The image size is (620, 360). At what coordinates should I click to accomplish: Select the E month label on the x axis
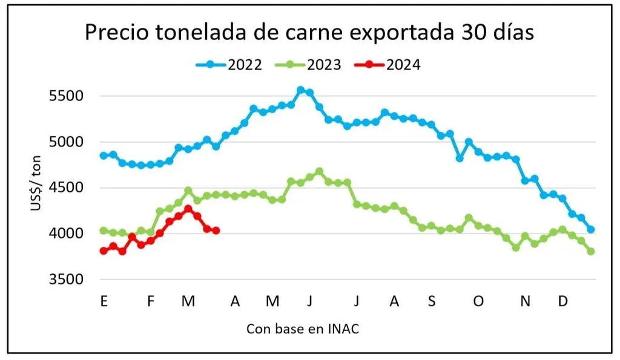104,301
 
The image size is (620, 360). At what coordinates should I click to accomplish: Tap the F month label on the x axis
151,301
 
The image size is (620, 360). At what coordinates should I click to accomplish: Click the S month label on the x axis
431,301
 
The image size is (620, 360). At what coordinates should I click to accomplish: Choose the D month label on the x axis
562,301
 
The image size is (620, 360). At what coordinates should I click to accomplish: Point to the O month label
478,301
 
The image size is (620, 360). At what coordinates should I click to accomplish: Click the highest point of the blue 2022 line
300,90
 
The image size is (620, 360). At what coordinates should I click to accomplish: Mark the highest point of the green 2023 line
320,171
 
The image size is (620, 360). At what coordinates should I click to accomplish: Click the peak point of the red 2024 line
188,209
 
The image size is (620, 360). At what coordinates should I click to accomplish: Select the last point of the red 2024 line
216,231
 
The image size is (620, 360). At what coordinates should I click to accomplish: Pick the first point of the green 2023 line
104,231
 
